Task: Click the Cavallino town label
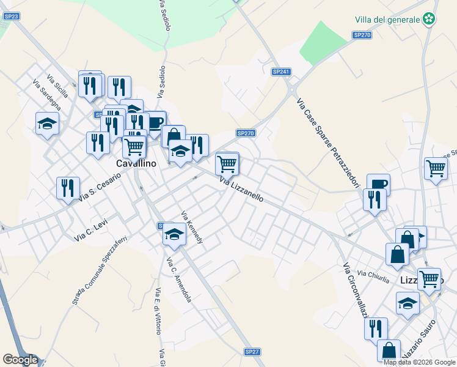(x=136, y=164)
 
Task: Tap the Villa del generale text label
(x=387, y=20)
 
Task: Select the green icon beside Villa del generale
(x=430, y=20)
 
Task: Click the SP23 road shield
(x=11, y=16)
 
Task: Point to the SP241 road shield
(x=280, y=72)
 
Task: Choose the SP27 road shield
(x=252, y=352)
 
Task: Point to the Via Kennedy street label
(x=192, y=228)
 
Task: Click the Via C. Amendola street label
(x=179, y=280)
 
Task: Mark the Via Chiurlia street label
(x=373, y=276)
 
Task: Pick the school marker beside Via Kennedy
(x=174, y=235)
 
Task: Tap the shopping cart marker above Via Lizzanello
(x=227, y=163)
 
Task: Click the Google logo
(x=20, y=360)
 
